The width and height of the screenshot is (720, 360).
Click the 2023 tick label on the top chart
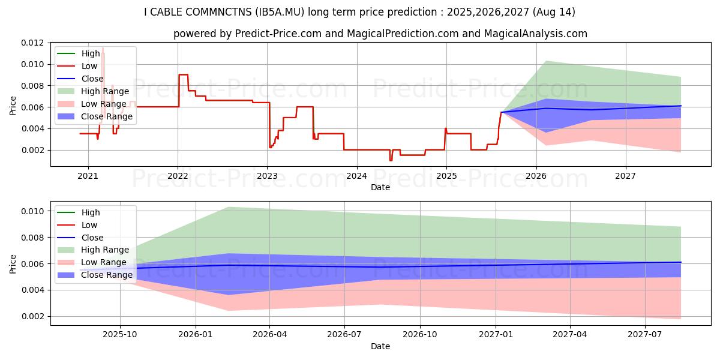pos(267,176)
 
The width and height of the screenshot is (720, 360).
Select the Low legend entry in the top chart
pos(91,66)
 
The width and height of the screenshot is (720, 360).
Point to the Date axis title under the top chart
pos(380,187)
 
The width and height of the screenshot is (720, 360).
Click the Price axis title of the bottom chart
pos(13,263)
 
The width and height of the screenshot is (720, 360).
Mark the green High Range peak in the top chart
pos(545,61)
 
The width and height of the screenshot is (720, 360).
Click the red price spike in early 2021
pos(103,48)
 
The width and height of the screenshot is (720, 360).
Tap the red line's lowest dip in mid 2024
pos(391,160)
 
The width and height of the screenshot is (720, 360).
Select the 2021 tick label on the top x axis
pos(88,176)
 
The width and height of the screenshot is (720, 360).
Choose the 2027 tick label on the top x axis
pos(626,176)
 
